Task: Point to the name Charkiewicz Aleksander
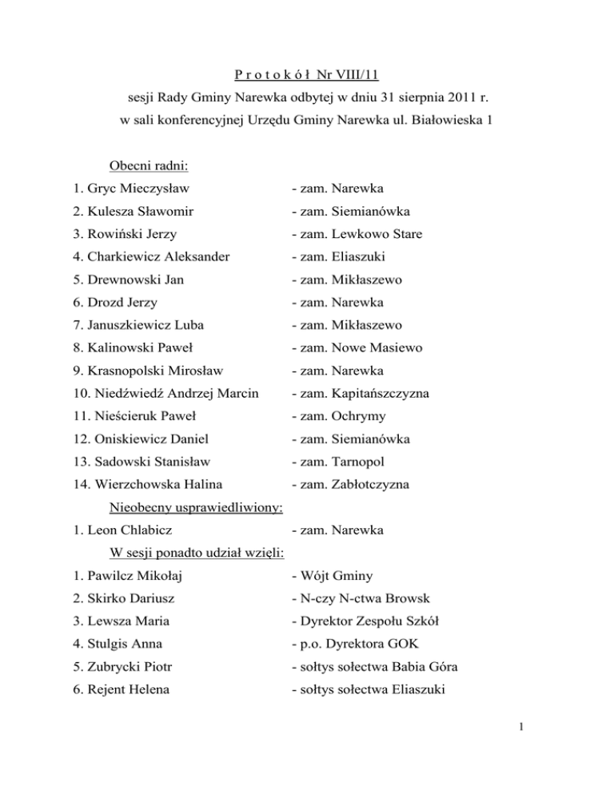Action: click(164, 258)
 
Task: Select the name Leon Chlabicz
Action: click(134, 529)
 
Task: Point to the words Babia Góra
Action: click(425, 665)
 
